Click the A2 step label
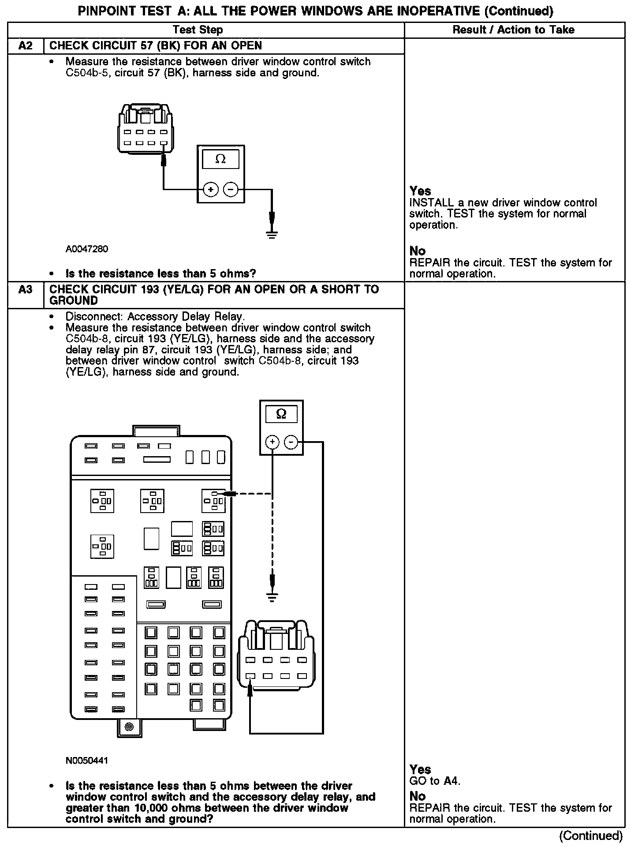pyautogui.click(x=25, y=46)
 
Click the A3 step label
pyautogui.click(x=25, y=290)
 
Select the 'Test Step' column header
pyautogui.click(x=198, y=30)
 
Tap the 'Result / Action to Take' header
pyautogui.click(x=514, y=30)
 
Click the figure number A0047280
pyautogui.click(x=87, y=249)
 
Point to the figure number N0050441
pyautogui.click(x=87, y=761)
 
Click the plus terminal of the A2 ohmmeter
pyautogui.click(x=211, y=190)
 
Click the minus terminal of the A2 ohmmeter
pyautogui.click(x=231, y=190)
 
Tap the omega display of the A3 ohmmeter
pyautogui.click(x=281, y=414)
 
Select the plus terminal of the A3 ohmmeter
pyautogui.click(x=272, y=442)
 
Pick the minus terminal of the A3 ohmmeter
pyautogui.click(x=291, y=442)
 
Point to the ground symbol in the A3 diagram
pyautogui.click(x=272, y=598)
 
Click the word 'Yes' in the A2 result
pyautogui.click(x=420, y=191)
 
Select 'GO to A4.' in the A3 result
pyautogui.click(x=435, y=781)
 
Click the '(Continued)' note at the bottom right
pyautogui.click(x=591, y=836)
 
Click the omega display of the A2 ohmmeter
pyautogui.click(x=220, y=159)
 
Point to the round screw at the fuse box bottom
pyautogui.click(x=129, y=727)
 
